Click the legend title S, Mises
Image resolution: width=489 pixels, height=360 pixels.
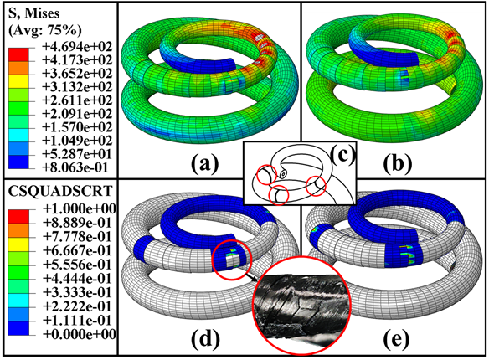(x=33, y=13)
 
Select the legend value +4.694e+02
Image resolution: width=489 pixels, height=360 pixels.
(x=77, y=47)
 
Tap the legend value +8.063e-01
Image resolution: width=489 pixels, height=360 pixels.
(x=75, y=167)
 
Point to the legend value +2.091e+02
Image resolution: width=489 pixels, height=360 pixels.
(x=77, y=114)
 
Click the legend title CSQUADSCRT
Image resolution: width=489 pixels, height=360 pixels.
(x=59, y=191)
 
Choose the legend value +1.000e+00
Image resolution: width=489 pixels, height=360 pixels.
(x=80, y=208)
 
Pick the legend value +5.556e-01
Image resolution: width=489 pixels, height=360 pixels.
(x=77, y=265)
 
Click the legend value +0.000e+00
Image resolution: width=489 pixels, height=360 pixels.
(x=80, y=334)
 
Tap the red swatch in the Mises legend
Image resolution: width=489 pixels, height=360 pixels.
(x=18, y=54)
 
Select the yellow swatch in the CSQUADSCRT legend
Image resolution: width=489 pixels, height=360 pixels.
(x=18, y=244)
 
